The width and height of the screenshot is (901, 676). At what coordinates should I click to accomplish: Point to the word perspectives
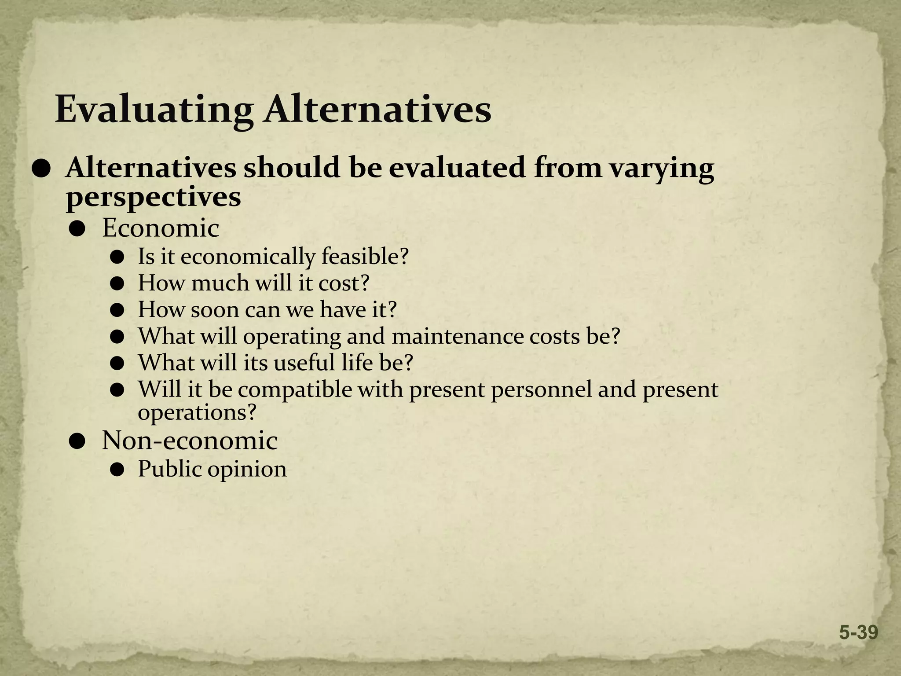(154, 198)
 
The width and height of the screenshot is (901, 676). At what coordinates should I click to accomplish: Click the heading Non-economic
(190, 441)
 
